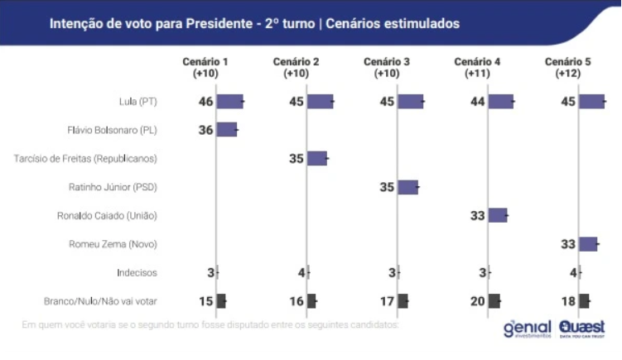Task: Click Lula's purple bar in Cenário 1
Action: (x=229, y=102)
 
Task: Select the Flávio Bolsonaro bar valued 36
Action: (x=227, y=130)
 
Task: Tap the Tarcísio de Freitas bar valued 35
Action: (x=317, y=158)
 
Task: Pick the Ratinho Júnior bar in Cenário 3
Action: (x=407, y=187)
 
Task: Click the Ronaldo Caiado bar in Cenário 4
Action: (x=498, y=215)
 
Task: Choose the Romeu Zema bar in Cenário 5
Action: (x=588, y=243)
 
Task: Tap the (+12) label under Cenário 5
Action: (x=567, y=74)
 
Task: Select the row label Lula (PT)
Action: (x=137, y=103)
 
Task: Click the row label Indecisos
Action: (x=137, y=272)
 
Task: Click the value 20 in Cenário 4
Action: (x=477, y=301)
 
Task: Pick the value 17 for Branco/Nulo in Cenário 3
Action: (x=387, y=301)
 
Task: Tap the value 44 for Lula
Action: (x=477, y=102)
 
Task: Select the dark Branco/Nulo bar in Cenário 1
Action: (x=221, y=301)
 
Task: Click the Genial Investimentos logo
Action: (x=527, y=328)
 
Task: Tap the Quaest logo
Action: (x=581, y=328)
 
